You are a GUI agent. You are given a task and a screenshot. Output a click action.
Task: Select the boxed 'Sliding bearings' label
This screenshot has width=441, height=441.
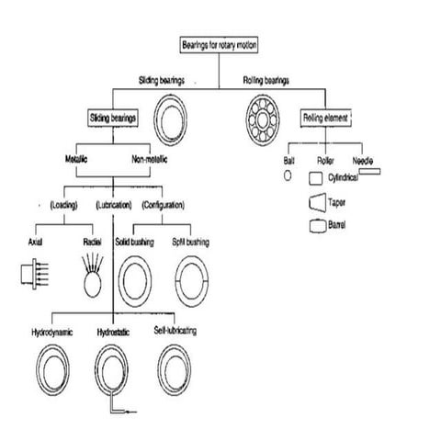coord(113,118)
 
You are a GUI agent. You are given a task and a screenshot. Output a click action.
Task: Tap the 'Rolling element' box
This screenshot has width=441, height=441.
coord(328,118)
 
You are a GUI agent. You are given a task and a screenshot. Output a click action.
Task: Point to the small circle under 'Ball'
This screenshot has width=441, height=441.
coord(287,174)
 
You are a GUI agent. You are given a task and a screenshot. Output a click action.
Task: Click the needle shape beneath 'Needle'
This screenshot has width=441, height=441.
coord(369,170)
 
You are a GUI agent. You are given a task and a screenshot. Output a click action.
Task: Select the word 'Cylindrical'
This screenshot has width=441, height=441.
coord(346,176)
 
